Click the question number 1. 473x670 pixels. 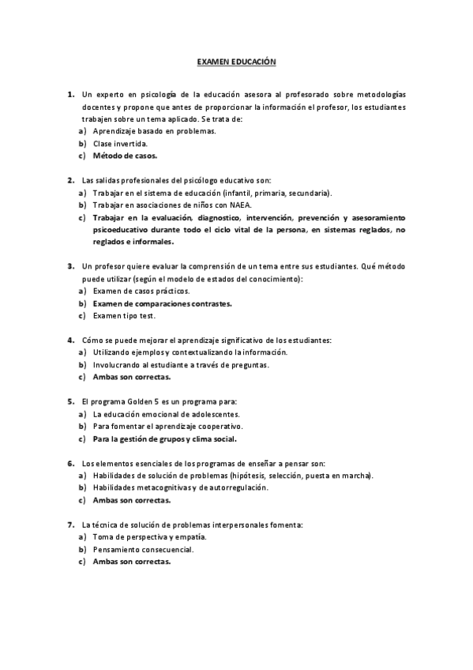70,94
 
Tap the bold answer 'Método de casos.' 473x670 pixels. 125,156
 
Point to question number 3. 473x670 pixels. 70,266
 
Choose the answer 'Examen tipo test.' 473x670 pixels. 124,315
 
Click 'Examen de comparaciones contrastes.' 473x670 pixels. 162,303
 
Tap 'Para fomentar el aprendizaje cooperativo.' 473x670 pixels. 167,426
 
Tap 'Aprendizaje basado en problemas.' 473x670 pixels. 154,131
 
